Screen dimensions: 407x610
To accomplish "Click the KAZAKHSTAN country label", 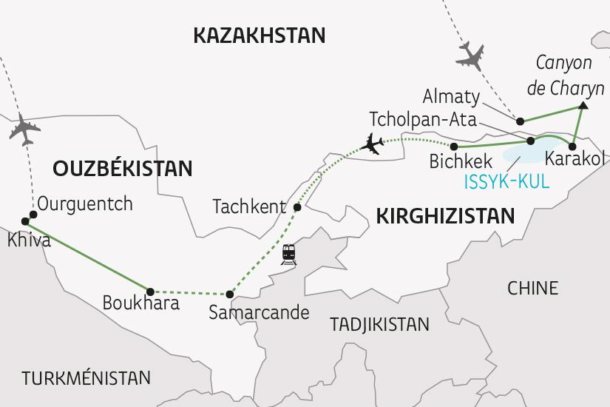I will pos(258,35).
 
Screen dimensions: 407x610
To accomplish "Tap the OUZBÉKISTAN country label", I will pos(122,168).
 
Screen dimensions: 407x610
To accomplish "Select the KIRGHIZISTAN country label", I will pos(445,215).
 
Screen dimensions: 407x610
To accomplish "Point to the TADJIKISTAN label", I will pos(379,324).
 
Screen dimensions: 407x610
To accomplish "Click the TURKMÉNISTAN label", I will pos(86,378).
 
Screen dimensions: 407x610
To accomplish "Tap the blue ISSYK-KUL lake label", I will pos(507,181).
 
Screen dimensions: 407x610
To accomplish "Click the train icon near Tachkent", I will pos(288,254).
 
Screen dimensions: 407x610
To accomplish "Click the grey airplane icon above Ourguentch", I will pos(24,130).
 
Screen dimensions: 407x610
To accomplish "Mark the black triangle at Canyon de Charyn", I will pos(583,107).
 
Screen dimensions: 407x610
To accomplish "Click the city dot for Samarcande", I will pos(230,295).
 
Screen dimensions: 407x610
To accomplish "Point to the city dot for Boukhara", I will pos(150,292).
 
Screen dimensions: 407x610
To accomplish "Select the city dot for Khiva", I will pos(26,221).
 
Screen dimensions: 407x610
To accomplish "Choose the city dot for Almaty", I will pos(521,121).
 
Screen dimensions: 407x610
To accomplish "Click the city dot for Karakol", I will pos(572,146).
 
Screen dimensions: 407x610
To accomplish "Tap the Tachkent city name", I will pos(249,206).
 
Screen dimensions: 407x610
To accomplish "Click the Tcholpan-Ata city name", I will pos(424,120).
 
